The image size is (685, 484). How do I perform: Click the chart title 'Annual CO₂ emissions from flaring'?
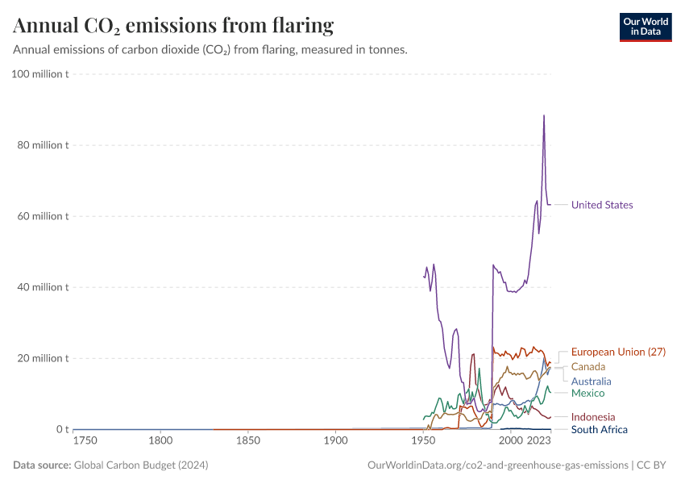[173, 26]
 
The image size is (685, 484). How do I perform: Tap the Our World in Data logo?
[645, 27]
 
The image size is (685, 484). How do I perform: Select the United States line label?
[602, 205]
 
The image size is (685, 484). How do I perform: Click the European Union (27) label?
[618, 352]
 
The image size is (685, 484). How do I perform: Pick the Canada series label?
[587, 367]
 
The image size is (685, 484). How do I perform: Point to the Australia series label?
[591, 381]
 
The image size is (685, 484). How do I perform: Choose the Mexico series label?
[587, 393]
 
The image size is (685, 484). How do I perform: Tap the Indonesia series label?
[592, 417]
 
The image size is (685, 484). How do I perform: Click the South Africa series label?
[599, 429]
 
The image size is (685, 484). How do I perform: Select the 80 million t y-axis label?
[44, 145]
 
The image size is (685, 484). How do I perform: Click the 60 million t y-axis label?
[44, 216]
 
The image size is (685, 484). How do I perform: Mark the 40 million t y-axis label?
[44, 287]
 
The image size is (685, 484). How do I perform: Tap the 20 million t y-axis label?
[44, 358]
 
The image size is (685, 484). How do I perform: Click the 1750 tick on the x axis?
[85, 441]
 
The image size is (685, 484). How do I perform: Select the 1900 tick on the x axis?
[336, 441]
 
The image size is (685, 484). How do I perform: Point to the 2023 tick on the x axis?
[538, 441]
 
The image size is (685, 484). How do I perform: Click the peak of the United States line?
[544, 115]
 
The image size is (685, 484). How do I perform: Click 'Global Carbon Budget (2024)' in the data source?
[143, 465]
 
